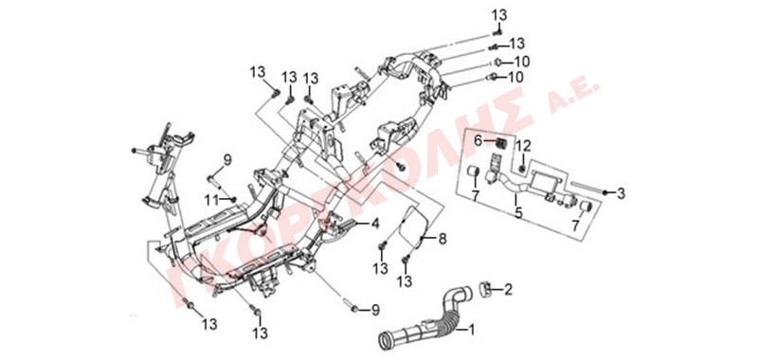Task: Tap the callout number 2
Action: pyautogui.click(x=508, y=290)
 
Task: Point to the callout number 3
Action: pyautogui.click(x=621, y=194)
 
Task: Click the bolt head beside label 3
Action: pyautogui.click(x=606, y=193)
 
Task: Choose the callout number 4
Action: pyautogui.click(x=375, y=224)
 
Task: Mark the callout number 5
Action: pyautogui.click(x=518, y=212)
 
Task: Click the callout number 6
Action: pyautogui.click(x=478, y=141)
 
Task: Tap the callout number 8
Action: pyautogui.click(x=442, y=238)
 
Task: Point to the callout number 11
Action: pyautogui.click(x=210, y=199)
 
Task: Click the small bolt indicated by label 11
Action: pyautogui.click(x=233, y=199)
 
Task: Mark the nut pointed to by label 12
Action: pyautogui.click(x=523, y=169)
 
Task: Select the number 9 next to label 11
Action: pyautogui.click(x=227, y=159)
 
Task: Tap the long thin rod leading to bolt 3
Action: pyautogui.click(x=587, y=188)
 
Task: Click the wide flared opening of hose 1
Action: pyautogui.click(x=388, y=340)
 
